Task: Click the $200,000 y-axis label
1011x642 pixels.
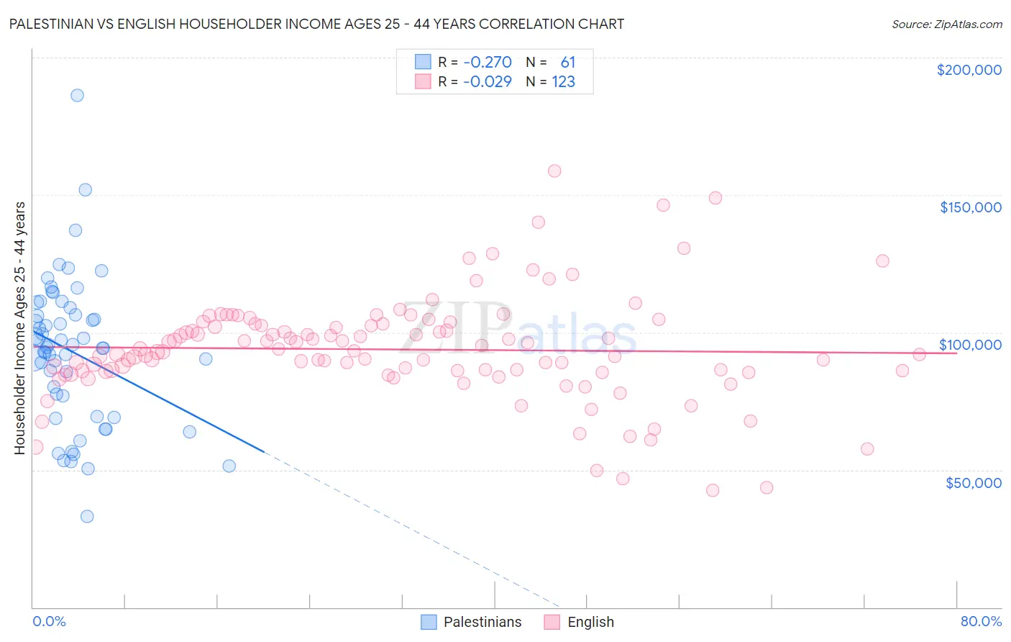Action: tap(969, 70)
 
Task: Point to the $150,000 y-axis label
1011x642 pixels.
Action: tap(970, 207)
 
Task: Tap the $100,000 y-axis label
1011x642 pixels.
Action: tap(970, 345)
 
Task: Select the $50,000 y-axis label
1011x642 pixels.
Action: tap(973, 482)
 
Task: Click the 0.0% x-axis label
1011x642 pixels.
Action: tap(49, 621)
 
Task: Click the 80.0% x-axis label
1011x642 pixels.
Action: tap(981, 621)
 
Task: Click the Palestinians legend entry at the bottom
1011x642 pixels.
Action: tap(482, 622)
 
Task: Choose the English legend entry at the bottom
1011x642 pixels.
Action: tap(590, 622)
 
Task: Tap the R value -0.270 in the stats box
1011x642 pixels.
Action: tap(487, 62)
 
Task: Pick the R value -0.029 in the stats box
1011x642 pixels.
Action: tap(487, 81)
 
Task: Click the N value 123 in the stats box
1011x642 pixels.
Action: tap(563, 81)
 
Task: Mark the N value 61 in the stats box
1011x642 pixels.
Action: tap(568, 62)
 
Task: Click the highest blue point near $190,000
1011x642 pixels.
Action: tap(77, 95)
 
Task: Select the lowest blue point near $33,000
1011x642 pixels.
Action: tap(87, 516)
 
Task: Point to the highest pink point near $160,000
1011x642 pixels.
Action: tap(554, 171)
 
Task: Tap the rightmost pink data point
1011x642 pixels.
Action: tap(919, 354)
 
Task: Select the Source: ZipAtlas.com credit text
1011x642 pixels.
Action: tap(946, 24)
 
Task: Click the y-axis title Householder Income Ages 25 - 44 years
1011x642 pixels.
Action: tap(19, 328)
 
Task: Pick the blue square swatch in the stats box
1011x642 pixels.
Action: tap(423, 62)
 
